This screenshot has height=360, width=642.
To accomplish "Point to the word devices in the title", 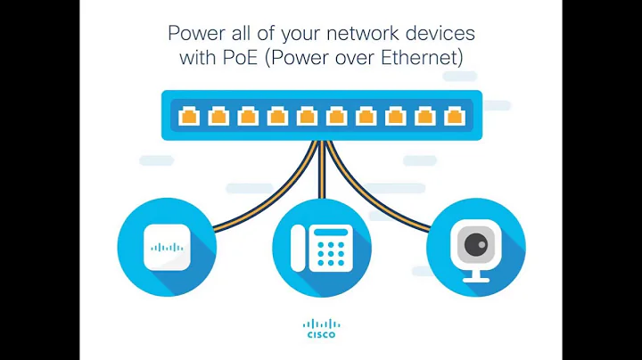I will [442, 35].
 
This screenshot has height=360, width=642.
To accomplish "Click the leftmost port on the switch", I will [189, 116].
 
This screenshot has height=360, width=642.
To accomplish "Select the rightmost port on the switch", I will [453, 116].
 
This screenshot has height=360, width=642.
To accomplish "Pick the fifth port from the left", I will [307, 116].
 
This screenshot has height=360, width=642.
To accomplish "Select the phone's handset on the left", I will [300, 248].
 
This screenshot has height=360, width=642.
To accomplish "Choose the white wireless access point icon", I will [167, 247].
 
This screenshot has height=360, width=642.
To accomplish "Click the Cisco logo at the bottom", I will [320, 330].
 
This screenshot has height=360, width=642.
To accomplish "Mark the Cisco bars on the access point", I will [167, 247].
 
